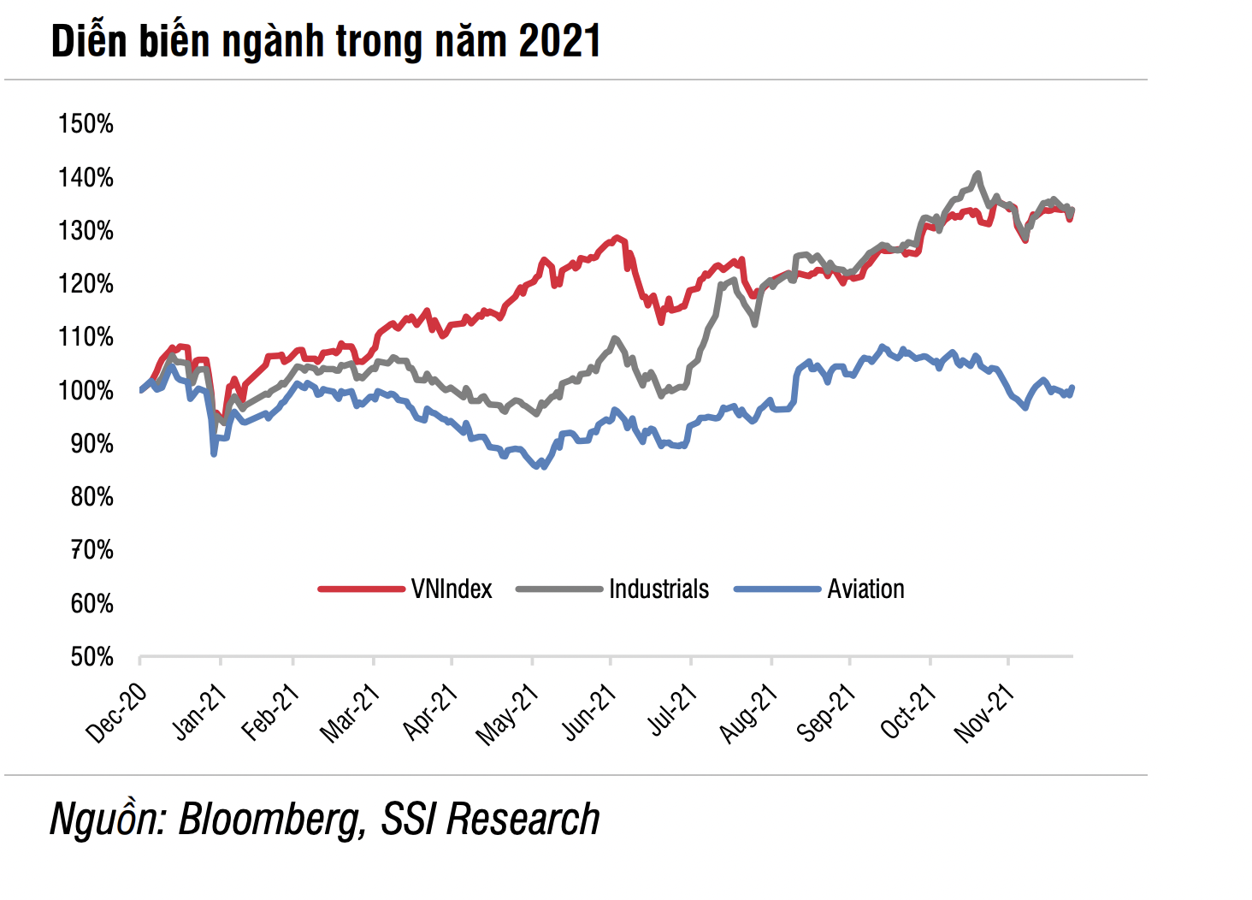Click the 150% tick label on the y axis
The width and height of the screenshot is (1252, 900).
point(86,124)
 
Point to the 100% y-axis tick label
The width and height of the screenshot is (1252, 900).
point(86,391)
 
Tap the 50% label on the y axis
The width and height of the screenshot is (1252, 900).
point(91,657)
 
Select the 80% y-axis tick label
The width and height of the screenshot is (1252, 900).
point(91,497)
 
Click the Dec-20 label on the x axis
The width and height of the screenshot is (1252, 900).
point(117,713)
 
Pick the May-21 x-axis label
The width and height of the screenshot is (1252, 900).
point(507,715)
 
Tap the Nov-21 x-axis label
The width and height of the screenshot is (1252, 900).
point(984,714)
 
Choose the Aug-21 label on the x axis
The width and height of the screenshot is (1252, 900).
point(748,714)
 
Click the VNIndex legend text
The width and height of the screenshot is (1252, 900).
point(452,589)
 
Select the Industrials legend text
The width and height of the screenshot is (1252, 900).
point(658,589)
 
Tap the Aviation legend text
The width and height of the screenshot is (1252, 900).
point(865,589)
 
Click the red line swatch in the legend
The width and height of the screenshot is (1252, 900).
point(361,589)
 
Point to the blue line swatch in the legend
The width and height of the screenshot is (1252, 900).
point(777,589)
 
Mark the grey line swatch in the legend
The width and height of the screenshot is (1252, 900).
point(559,589)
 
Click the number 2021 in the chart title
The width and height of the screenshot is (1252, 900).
point(559,41)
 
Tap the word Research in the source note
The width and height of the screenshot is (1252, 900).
point(523,820)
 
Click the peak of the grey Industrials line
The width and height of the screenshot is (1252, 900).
point(977,174)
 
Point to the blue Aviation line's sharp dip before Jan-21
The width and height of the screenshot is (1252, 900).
point(214,453)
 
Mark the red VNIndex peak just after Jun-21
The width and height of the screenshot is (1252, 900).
point(617,238)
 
